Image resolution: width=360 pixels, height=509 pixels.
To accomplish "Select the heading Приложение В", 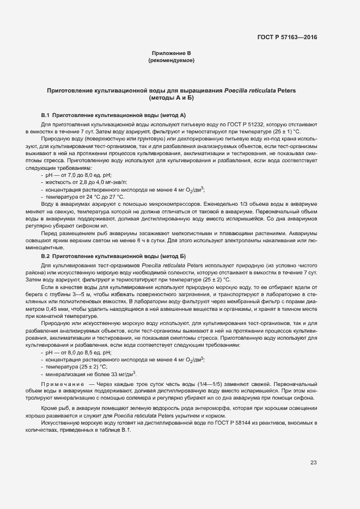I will coord(171,53).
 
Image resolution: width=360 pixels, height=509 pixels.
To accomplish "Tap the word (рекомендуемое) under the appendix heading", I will coord(171,60).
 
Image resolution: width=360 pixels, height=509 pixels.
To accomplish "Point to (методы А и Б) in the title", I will coord(171,98).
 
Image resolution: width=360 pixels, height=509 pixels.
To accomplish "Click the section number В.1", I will coord(46,115).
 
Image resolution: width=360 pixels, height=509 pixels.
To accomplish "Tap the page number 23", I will coord(313,463).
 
